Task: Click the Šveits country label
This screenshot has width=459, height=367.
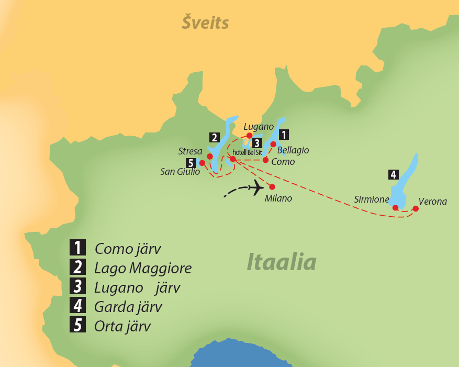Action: tap(205, 23)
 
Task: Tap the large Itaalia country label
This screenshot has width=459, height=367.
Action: tap(282, 262)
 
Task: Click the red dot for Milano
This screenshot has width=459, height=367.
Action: tap(272, 186)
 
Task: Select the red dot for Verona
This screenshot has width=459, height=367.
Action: tap(416, 208)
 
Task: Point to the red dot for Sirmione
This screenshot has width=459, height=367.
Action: tap(395, 207)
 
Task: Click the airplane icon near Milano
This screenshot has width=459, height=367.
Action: tap(256, 187)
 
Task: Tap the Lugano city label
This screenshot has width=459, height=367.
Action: tap(259, 126)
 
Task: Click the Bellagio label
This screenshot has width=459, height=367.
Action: tap(293, 150)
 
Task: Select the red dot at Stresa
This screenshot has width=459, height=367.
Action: tap(209, 156)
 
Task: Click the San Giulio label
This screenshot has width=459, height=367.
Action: tap(180, 171)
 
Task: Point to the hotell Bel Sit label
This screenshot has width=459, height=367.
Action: tap(247, 152)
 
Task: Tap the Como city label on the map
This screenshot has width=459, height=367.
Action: tap(283, 162)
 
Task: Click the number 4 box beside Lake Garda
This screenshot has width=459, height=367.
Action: tap(393, 174)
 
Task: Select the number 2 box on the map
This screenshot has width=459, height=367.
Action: tap(214, 138)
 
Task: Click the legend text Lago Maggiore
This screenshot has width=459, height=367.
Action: tap(143, 269)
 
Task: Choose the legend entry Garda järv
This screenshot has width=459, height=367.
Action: tap(128, 307)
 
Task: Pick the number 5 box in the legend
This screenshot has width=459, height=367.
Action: tap(77, 325)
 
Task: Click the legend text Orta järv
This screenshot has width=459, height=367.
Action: tap(122, 326)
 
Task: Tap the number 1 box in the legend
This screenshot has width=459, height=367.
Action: tap(77, 248)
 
